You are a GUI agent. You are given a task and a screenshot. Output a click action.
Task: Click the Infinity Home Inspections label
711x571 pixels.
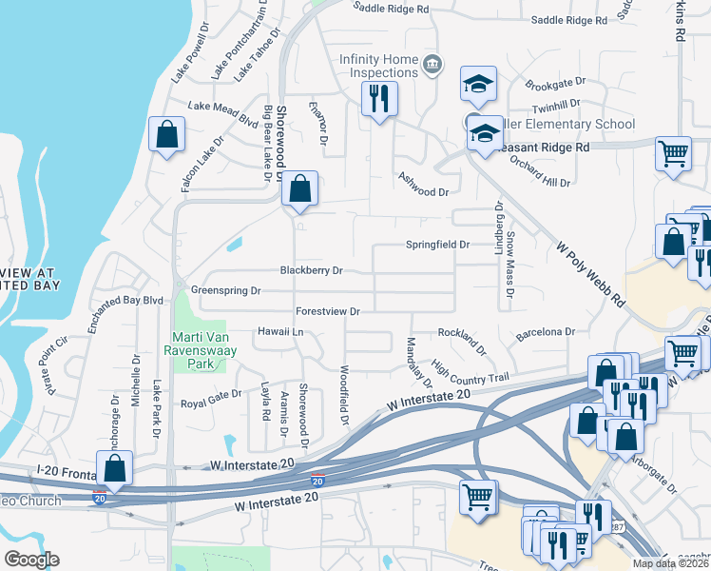coord(379,67)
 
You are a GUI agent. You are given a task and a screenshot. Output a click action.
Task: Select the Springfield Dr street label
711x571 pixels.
coord(438,245)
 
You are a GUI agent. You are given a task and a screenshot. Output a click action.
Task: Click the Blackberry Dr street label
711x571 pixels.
coord(311,270)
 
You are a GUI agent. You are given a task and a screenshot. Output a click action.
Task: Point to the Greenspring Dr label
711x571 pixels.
coord(225,290)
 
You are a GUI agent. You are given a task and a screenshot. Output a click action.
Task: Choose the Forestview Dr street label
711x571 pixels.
coord(328,311)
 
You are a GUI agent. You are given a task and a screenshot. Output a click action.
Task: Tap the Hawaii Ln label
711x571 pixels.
coord(279,331)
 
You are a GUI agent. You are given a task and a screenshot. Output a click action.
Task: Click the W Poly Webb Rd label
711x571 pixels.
coord(590,272)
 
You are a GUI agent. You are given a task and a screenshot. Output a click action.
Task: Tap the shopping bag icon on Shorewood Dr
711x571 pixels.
coord(299,189)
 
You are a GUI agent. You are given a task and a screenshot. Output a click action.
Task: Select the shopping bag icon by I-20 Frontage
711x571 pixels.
coord(114,467)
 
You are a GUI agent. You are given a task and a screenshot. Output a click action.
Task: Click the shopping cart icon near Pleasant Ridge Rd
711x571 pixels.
coord(673,152)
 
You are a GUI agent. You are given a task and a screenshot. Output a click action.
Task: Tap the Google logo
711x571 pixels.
coord(31,560)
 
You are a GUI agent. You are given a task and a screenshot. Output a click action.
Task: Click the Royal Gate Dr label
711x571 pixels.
coord(211,397)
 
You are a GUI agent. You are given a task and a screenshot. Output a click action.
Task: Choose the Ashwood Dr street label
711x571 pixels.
coord(422,191)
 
